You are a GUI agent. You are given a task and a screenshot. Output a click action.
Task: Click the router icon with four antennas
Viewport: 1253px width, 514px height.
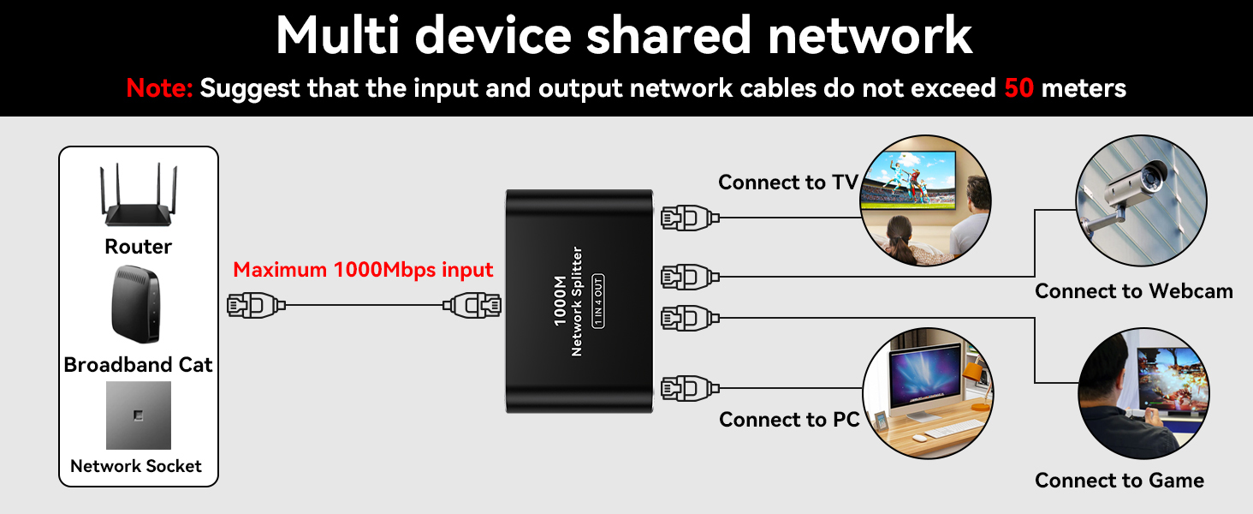tap(138, 200)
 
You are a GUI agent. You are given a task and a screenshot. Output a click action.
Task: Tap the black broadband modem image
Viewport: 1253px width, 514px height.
tap(136, 304)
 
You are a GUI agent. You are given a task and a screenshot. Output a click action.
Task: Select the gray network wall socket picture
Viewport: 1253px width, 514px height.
tap(138, 415)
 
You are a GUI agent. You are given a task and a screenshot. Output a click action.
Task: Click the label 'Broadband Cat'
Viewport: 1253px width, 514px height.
tap(138, 365)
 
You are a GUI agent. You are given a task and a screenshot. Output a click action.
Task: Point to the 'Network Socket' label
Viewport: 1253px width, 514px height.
tap(136, 466)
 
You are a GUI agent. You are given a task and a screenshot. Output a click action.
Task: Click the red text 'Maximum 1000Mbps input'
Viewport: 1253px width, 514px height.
tap(363, 270)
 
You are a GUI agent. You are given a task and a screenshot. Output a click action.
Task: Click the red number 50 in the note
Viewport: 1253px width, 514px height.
tap(1019, 87)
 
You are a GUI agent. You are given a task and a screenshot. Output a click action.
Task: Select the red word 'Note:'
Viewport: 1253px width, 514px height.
tap(160, 87)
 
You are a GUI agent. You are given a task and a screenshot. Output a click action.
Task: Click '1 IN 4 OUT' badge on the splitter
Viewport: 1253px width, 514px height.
tap(598, 301)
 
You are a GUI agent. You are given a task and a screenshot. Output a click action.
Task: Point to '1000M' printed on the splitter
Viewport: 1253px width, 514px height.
tap(559, 301)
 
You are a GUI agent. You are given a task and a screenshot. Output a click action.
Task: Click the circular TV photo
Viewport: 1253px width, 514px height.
tap(924, 200)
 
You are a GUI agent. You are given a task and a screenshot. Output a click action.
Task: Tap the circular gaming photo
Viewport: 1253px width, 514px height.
tap(1143, 393)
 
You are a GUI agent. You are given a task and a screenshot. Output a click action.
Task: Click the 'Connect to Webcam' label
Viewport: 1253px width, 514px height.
tap(1133, 291)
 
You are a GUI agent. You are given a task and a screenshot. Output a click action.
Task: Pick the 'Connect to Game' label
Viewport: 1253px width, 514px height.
tap(1119, 481)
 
